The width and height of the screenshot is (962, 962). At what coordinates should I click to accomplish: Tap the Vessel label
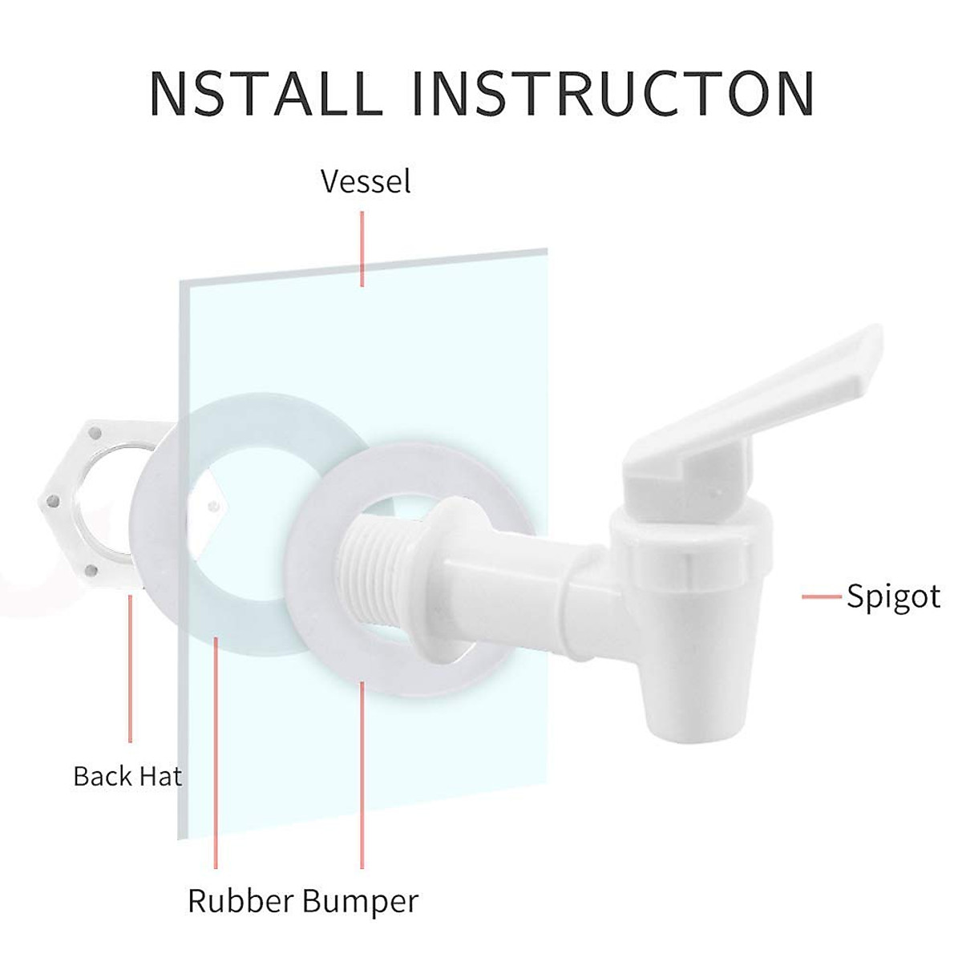366,181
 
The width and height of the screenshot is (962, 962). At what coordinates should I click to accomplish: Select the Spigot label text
893,597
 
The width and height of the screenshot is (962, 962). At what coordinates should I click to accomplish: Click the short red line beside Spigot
821,596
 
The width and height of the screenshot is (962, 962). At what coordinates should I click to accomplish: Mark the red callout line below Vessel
362,249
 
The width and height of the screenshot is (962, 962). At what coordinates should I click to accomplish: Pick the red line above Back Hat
131,669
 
